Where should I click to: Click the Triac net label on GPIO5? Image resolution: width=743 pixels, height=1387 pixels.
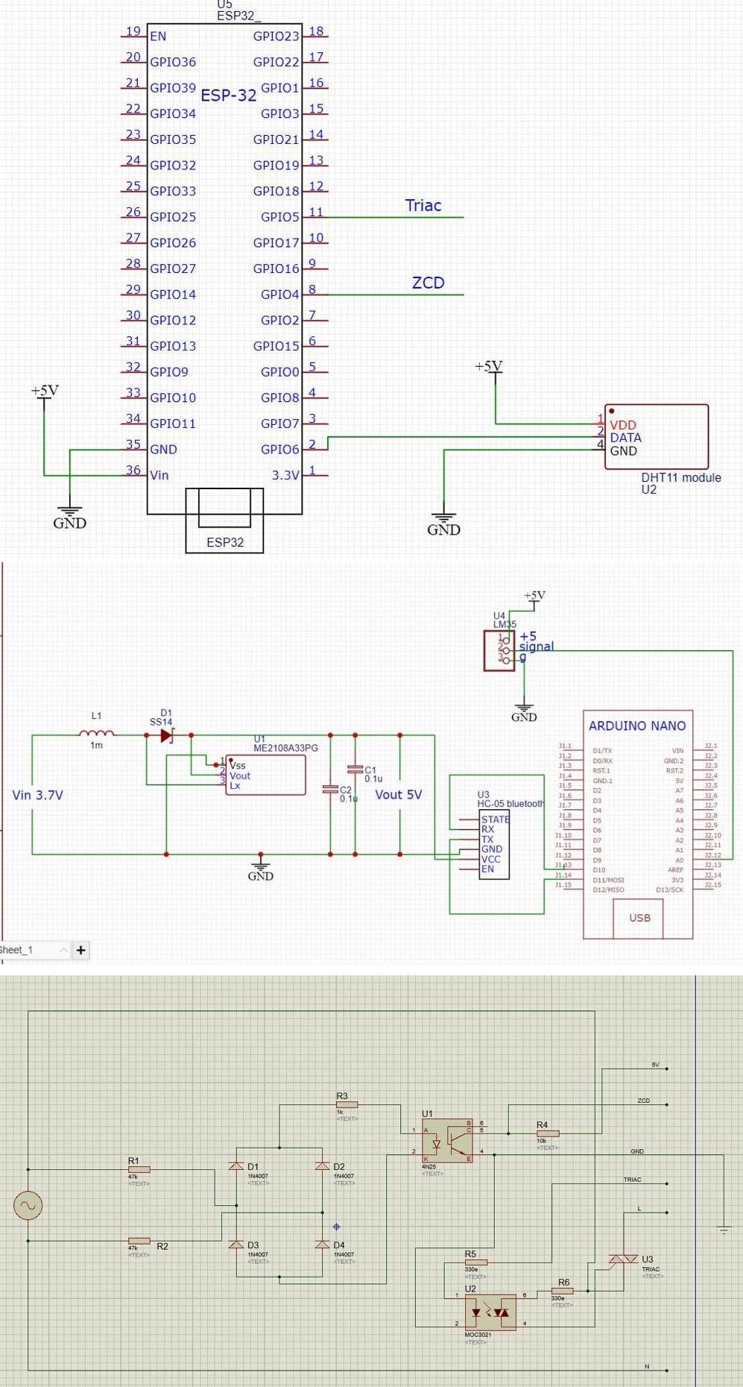[423, 206]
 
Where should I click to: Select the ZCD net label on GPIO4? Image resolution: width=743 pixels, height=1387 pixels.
[428, 283]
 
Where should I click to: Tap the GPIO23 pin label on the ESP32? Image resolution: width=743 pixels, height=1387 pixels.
[276, 36]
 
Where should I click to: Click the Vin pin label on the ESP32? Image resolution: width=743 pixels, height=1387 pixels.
[159, 475]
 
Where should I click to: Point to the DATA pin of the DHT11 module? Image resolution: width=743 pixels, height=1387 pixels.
[625, 438]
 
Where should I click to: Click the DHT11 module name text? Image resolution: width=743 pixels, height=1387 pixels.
[680, 477]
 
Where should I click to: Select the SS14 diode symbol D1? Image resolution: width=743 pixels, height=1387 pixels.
[167, 735]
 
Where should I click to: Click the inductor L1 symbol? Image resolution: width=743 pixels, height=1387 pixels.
[97, 734]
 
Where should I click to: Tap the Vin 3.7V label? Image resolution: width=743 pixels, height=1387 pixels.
[38, 795]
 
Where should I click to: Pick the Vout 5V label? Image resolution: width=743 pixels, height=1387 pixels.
[398, 795]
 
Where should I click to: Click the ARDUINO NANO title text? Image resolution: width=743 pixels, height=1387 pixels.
[636, 726]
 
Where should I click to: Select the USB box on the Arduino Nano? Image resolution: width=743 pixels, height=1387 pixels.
[639, 918]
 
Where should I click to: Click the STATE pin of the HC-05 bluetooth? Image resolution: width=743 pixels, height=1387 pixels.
[496, 819]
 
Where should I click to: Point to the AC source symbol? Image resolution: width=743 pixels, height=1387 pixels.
[28, 1205]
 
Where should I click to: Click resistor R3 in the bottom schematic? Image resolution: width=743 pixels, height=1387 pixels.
[347, 1104]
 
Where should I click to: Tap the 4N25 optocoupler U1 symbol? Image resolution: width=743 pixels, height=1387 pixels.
[447, 1139]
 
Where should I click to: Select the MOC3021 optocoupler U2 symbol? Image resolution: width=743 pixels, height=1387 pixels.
[490, 1312]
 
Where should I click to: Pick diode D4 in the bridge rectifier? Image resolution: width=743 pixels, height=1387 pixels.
[323, 1245]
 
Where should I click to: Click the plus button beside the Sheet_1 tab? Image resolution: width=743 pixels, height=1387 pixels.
[80, 950]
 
